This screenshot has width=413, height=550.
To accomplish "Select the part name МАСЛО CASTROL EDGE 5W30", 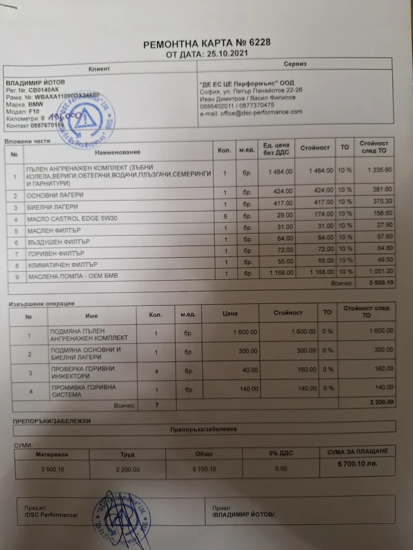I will click(73, 219).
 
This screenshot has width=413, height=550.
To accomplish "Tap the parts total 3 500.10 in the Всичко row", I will click(381, 283).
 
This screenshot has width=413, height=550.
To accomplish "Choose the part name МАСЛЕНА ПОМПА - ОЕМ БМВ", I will click(73, 276).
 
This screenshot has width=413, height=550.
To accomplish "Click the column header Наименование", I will click(118, 152).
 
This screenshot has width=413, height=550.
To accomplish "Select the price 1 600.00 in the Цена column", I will click(245, 332).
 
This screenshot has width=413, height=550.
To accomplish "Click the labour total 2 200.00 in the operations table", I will click(380, 402).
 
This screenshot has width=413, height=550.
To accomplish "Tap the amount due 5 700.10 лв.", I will click(357, 464).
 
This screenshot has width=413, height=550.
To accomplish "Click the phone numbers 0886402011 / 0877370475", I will click(237, 105).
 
